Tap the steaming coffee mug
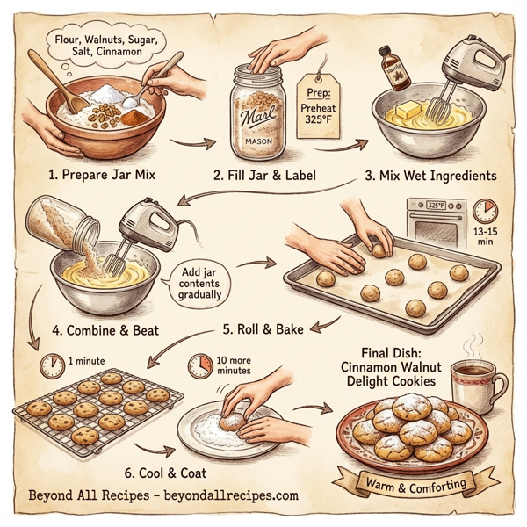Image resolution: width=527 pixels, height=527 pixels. tap(478, 387)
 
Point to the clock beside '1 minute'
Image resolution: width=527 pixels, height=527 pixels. tap(51, 362)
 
